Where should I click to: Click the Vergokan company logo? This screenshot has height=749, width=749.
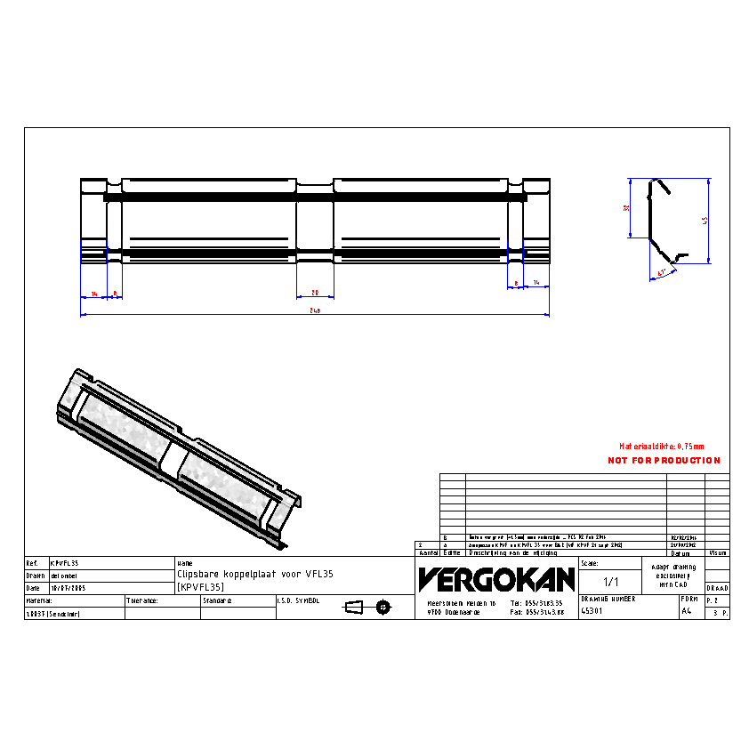[497, 580]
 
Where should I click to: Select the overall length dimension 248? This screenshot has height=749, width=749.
[315, 310]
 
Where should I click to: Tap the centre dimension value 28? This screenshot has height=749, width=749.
[315, 292]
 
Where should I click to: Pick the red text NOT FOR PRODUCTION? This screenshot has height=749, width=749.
[664, 460]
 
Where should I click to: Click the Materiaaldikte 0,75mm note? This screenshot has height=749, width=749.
[661, 446]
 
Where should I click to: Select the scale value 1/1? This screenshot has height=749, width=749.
[611, 582]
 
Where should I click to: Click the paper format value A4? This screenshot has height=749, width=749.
[686, 611]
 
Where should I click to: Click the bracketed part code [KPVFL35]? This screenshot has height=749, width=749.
[200, 587]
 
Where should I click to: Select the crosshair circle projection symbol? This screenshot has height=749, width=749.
[383, 607]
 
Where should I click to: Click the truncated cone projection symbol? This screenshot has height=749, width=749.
[354, 607]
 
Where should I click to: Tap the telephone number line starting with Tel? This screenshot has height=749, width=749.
[537, 603]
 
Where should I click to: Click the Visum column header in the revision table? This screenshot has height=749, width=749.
[717, 552]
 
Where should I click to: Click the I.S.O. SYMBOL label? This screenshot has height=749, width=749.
[298, 600]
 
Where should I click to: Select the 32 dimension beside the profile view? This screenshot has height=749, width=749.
[626, 207]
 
